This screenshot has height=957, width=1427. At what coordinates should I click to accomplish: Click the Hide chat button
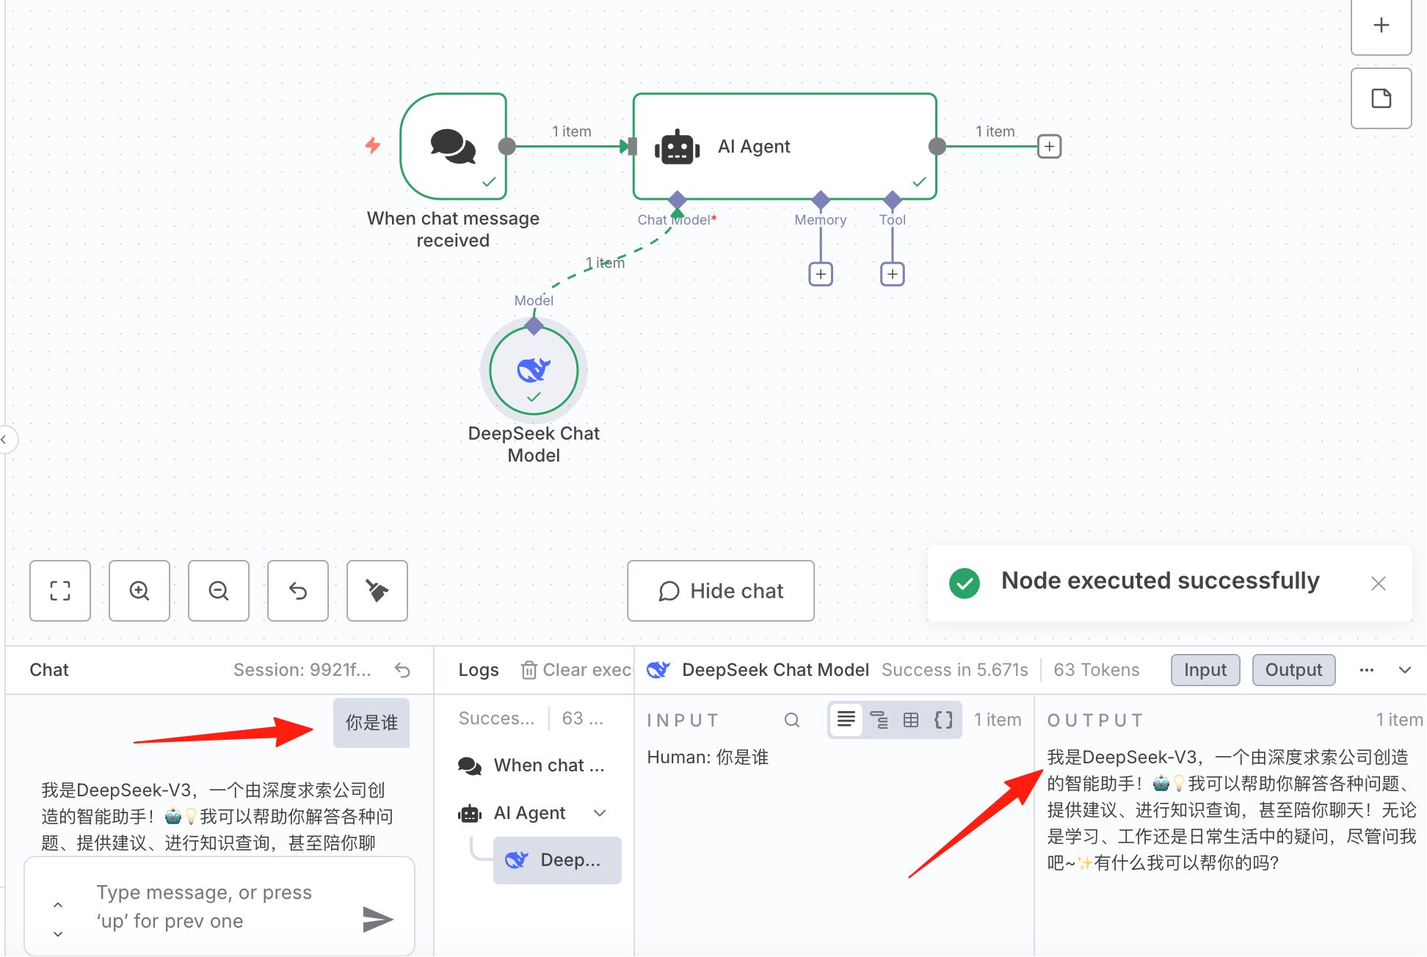720,591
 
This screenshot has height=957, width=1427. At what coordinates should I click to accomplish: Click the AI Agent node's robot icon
677,148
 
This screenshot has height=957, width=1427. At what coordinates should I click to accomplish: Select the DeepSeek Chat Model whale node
534,371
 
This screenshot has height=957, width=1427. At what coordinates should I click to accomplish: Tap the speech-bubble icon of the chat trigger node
453,146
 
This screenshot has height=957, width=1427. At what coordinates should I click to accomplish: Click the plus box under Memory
821,274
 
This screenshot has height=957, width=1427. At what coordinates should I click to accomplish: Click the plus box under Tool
892,274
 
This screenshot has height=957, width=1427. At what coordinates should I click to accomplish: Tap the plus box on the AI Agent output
1050,146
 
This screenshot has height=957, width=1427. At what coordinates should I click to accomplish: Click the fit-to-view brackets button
60,591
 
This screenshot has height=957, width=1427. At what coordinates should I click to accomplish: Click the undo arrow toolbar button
298,591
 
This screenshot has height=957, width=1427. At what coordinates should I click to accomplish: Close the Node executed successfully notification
1379,583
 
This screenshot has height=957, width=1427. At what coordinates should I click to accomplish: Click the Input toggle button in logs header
1205,670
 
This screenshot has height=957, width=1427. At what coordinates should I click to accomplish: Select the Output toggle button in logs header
1293,670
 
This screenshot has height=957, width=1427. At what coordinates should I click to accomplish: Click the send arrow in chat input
378,919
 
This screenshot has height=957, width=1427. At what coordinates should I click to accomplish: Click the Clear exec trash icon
529,669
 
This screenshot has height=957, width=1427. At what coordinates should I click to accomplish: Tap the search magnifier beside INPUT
792,720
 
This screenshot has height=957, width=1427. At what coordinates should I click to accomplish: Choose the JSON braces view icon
944,719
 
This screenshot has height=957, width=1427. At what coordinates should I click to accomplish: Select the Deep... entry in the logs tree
557,860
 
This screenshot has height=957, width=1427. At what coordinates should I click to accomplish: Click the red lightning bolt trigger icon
373,145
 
